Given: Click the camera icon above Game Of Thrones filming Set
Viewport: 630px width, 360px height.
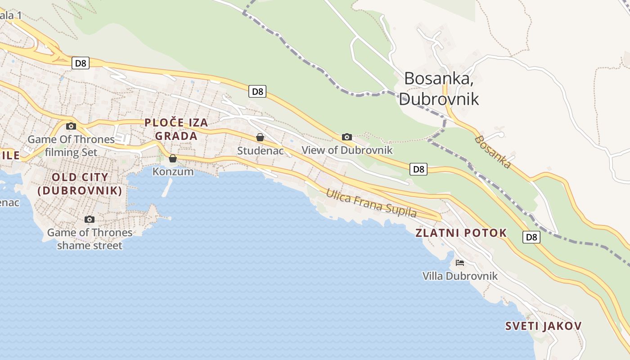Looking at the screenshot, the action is point(71,126).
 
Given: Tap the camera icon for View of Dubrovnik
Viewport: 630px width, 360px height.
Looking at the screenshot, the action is point(346,137).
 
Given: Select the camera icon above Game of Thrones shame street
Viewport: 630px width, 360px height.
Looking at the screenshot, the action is point(90,219).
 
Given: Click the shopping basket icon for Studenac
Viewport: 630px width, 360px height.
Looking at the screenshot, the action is point(260,137).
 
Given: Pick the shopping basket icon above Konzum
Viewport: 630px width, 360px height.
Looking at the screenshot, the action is point(173,158).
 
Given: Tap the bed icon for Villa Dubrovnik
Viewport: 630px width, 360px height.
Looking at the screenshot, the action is point(459,262).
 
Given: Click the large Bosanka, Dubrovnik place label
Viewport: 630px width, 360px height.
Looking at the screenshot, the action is point(439,88).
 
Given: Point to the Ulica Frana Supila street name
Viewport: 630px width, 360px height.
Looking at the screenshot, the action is point(371,203).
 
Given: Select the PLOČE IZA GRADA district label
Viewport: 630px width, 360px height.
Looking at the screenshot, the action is point(176,129).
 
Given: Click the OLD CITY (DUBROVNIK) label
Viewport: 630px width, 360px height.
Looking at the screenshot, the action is point(80,184).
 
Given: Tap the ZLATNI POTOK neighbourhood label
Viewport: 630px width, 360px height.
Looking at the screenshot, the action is point(461,233).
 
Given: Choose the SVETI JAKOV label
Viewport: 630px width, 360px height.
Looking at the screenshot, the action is point(544,326).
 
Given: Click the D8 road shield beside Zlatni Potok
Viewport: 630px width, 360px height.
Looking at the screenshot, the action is point(531,237).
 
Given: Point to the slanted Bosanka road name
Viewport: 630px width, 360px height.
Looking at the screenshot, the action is point(493,152).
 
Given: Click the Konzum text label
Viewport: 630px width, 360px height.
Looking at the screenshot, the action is point(173,171).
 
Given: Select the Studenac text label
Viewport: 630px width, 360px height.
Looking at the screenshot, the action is point(261,151).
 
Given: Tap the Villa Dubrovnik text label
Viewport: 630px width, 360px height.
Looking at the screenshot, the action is point(460,276).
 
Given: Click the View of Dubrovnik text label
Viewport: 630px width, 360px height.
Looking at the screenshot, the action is point(347,150).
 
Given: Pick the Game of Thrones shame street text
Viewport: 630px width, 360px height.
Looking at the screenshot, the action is point(90,239).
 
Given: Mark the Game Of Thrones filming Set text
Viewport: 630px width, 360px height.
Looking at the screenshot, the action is point(71,146).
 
